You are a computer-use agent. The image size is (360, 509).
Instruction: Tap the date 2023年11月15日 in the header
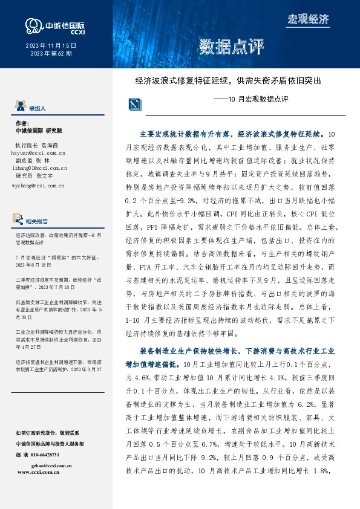[x=51, y=45]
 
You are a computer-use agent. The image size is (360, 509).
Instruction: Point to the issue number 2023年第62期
[x=51, y=54]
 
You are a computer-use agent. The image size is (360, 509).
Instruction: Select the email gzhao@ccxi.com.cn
[x=51, y=466]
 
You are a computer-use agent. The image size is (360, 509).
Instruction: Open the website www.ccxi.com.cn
[x=42, y=473]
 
